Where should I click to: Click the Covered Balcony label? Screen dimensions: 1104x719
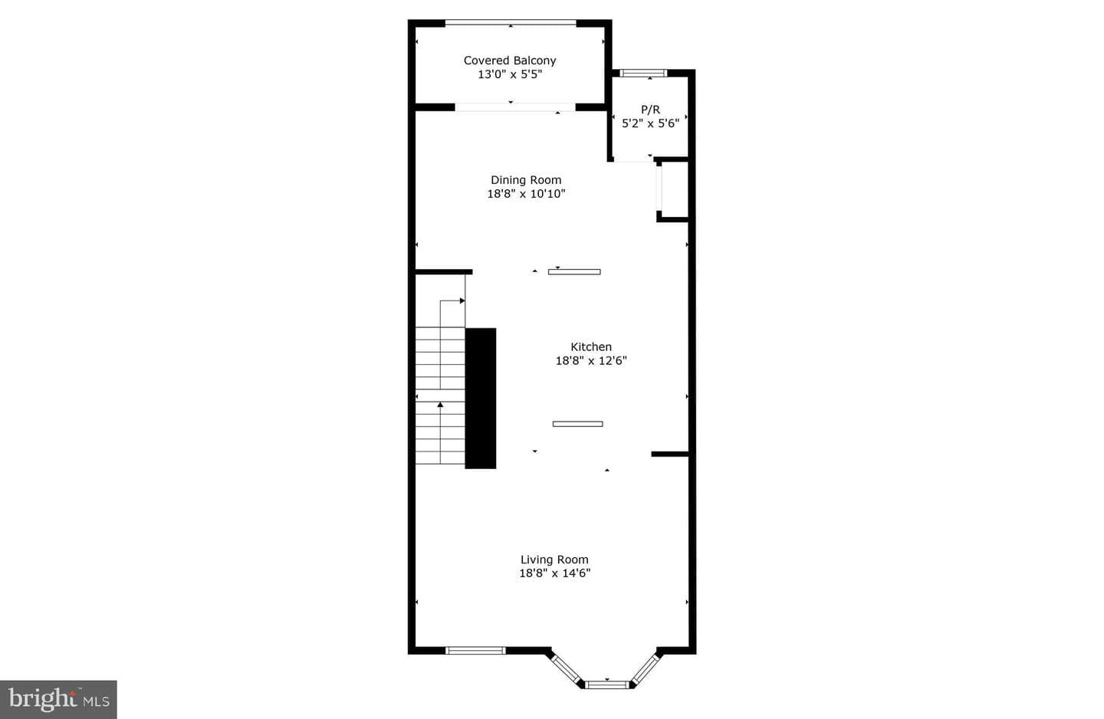pos(510,61)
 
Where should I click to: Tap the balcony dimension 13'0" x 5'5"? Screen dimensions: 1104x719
pos(510,74)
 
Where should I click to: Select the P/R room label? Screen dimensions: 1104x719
pos(650,110)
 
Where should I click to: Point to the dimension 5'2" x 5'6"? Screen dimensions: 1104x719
pos(650,123)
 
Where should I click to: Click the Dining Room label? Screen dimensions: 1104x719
pos(526,180)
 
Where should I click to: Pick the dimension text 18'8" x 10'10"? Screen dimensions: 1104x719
pos(526,194)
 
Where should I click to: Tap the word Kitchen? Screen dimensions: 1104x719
pos(591,347)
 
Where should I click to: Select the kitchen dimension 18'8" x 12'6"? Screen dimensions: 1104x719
pos(591,361)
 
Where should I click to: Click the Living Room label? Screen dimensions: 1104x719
pos(554,560)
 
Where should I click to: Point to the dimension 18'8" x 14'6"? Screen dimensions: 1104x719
pos(554,573)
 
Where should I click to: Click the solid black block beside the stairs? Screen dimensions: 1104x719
pos(481,398)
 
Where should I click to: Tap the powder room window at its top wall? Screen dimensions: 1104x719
pos(643,73)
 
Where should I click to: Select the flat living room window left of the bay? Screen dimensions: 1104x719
pos(475,651)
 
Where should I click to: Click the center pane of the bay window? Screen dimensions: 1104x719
pos(607,685)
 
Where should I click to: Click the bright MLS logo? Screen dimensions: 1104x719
pos(58,700)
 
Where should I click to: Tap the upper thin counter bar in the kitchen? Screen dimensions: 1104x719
pos(574,272)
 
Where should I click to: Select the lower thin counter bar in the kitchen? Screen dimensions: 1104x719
pos(577,424)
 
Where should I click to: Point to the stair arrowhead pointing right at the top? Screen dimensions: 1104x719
pos(462,300)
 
